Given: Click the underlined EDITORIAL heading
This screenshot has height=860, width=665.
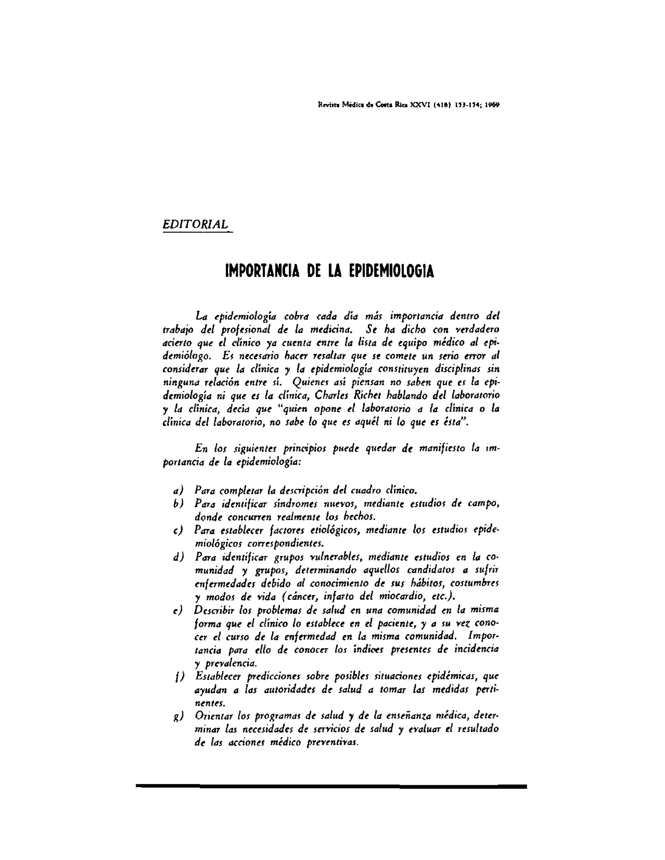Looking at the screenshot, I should pos(195,225).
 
